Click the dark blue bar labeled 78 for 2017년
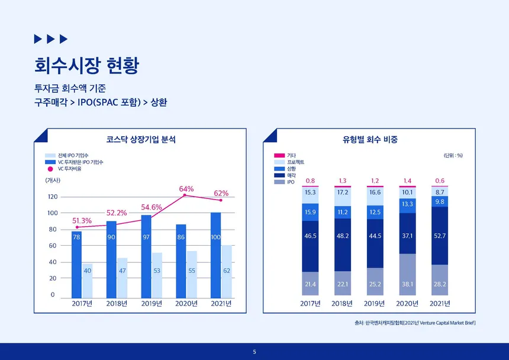coord(76,265)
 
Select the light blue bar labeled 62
coord(227,272)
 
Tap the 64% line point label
coord(186,189)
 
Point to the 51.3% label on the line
coord(82,221)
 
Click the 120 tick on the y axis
coord(53,197)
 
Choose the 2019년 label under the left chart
coord(152,304)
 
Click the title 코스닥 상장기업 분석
coord(141,140)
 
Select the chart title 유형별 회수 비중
coord(370,140)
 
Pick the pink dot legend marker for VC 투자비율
coord(50,169)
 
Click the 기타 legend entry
coord(285,156)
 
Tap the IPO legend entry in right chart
coord(284,182)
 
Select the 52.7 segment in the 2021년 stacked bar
coord(440,236)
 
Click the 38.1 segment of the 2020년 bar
coord(407,275)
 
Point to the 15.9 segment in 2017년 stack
coord(310,213)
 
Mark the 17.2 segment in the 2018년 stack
coord(343,197)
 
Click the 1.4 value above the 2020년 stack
coord(407,181)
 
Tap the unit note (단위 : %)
coord(453,156)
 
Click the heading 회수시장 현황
coord(86,65)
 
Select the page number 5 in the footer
coord(254,352)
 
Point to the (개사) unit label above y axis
coord(53,181)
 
